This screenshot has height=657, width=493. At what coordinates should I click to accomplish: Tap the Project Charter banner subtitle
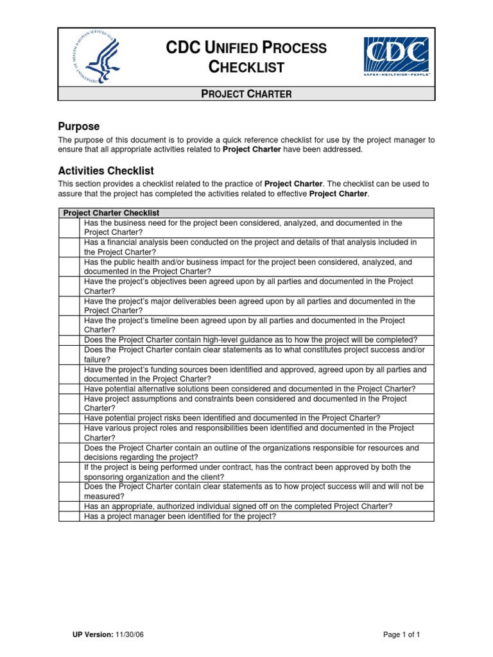point(246,94)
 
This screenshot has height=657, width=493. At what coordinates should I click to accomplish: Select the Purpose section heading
point(78,126)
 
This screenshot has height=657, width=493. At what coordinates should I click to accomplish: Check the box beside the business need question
point(69,228)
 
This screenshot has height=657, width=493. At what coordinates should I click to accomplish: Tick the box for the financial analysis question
point(69,247)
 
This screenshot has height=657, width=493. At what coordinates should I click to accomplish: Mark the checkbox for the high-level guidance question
point(69,340)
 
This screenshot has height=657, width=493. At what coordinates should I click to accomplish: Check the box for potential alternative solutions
point(69,389)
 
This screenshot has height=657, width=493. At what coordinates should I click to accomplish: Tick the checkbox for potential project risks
point(69,418)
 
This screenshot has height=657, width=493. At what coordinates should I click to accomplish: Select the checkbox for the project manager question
point(69,516)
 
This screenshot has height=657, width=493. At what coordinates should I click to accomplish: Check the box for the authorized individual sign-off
point(69,506)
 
